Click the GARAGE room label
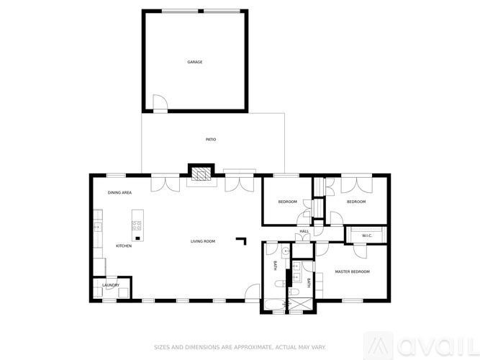(195, 62)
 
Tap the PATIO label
(211, 140)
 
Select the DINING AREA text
(119, 193)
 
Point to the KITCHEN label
(124, 246)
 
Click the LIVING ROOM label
(203, 241)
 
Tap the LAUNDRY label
(110, 285)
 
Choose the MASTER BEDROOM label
(353, 271)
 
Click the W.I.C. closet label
(366, 235)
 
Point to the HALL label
(304, 231)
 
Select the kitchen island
(137, 226)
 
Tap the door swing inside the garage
(161, 104)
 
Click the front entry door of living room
(252, 292)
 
